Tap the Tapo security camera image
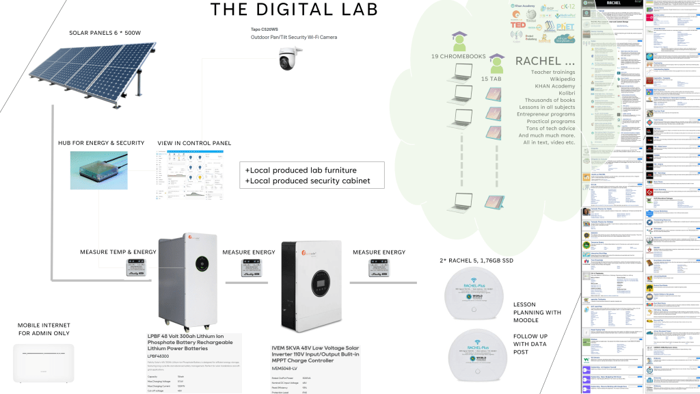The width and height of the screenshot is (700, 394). [295, 59]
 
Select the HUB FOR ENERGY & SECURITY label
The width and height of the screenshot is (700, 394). [101, 143]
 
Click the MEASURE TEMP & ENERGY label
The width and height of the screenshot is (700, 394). [118, 252]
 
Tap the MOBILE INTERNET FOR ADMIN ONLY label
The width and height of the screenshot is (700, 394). [44, 328]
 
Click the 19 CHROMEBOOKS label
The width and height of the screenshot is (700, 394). [457, 55]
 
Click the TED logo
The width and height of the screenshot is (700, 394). [518, 23]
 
